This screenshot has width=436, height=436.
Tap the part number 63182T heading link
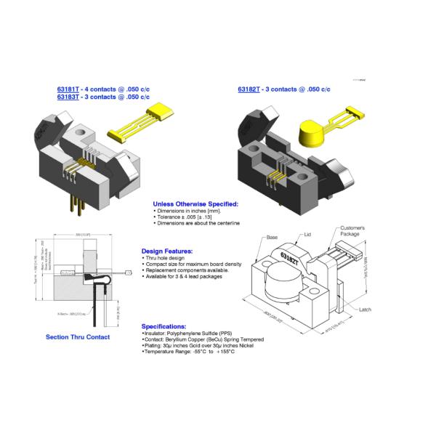(x=249, y=89)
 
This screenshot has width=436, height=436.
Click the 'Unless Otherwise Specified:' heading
(x=195, y=204)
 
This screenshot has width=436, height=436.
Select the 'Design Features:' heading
(x=167, y=251)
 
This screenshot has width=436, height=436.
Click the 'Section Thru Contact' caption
(x=77, y=337)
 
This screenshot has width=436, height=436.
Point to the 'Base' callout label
(x=272, y=238)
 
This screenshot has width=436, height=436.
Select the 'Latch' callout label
(x=366, y=308)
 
